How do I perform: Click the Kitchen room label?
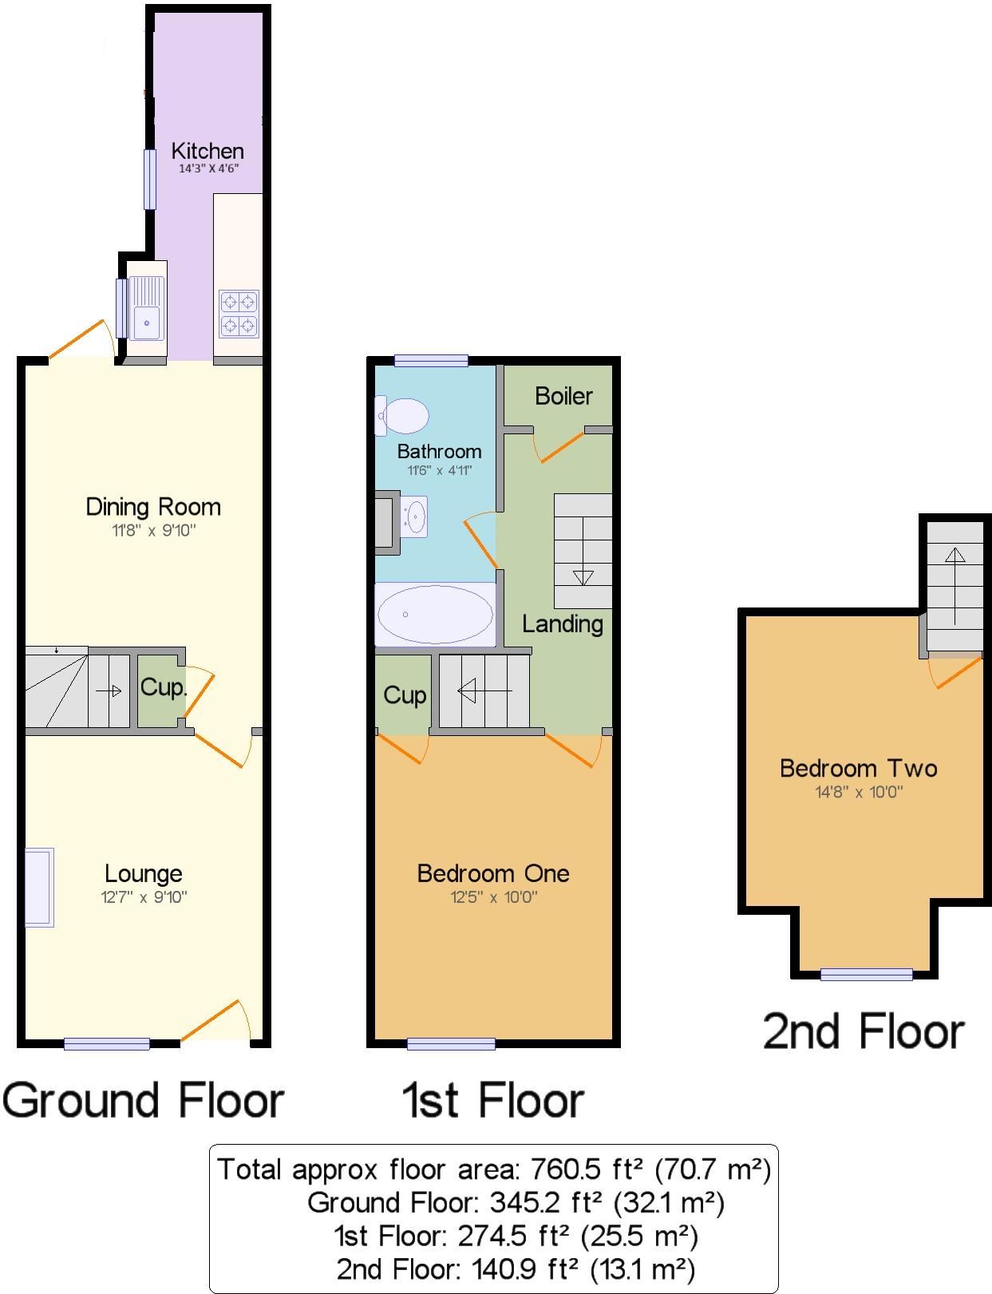(x=207, y=151)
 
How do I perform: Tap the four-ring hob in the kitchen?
(x=239, y=313)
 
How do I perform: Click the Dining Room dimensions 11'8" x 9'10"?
(x=153, y=530)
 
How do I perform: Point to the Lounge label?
(x=144, y=873)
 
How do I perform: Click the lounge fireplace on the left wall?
(x=39, y=887)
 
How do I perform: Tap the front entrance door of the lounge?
(x=215, y=1022)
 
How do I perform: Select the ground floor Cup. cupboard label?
(x=163, y=687)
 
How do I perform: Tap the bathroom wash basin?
(x=415, y=514)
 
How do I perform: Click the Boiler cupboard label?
(x=563, y=396)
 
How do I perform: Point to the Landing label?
(x=563, y=623)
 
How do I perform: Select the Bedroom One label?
(x=493, y=873)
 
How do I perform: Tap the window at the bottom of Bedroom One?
(x=451, y=1043)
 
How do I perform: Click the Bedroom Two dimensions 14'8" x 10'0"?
(x=858, y=792)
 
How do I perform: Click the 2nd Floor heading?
(x=864, y=1031)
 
